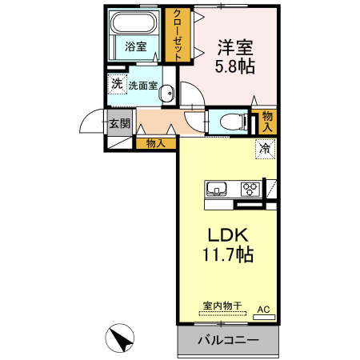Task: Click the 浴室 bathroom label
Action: [135, 46]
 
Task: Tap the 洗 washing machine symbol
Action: [117, 84]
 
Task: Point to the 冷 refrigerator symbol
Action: [265, 147]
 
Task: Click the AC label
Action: [263, 308]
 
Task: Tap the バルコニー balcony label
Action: [228, 340]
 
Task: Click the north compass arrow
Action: [122, 339]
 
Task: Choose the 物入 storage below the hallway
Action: [156, 144]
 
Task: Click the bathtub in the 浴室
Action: [135, 24]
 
